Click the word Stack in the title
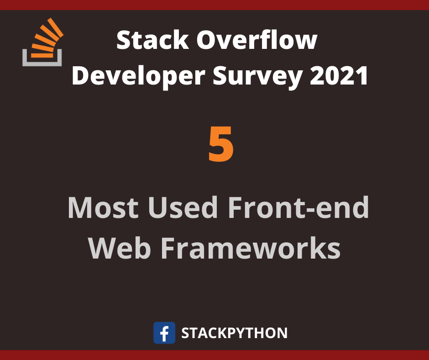(153, 40)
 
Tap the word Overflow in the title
(257, 40)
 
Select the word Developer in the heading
(138, 76)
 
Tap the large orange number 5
(221, 144)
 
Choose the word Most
(103, 207)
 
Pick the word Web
(120, 248)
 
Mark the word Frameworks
(251, 248)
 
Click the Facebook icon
(164, 333)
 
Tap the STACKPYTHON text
(235, 333)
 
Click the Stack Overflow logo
(42, 42)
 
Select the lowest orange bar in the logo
(42, 55)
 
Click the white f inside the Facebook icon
(164, 334)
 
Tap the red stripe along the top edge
(214, 5)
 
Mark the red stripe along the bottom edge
(214, 355)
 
